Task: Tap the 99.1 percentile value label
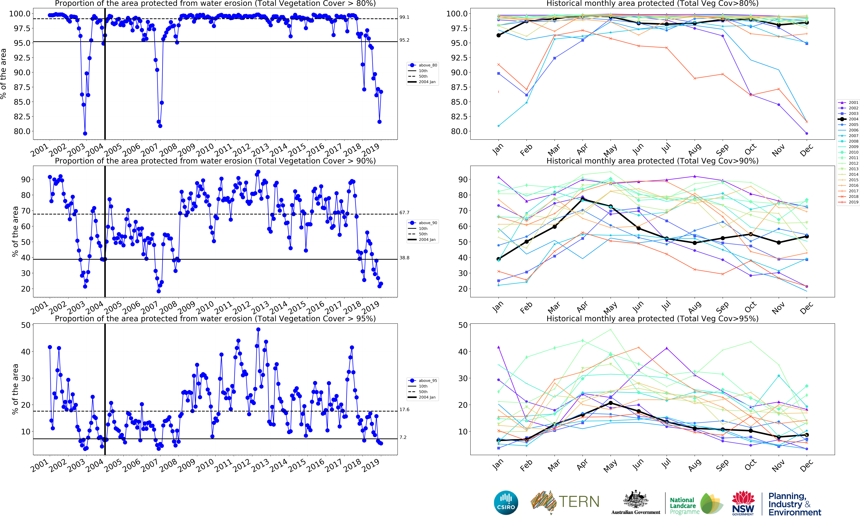(x=404, y=17)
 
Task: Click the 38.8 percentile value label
(x=404, y=258)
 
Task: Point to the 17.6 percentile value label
(x=404, y=410)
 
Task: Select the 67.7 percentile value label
(x=404, y=212)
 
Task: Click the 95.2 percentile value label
(x=404, y=40)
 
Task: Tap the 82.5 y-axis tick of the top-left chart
(x=22, y=116)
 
